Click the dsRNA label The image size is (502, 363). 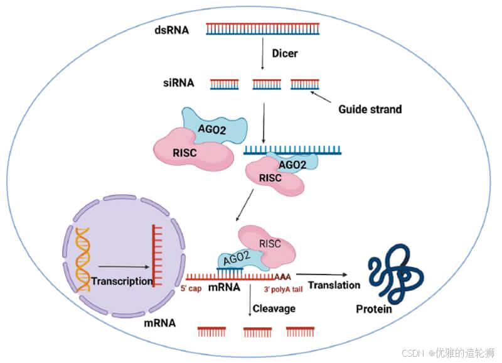[171, 29]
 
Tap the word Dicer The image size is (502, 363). [285, 53]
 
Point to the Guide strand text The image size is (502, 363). [370, 109]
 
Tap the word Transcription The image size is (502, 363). [122, 281]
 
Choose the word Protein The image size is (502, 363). [374, 309]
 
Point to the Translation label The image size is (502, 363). [335, 284]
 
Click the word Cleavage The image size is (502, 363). [274, 308]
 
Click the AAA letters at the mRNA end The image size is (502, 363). [284, 276]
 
